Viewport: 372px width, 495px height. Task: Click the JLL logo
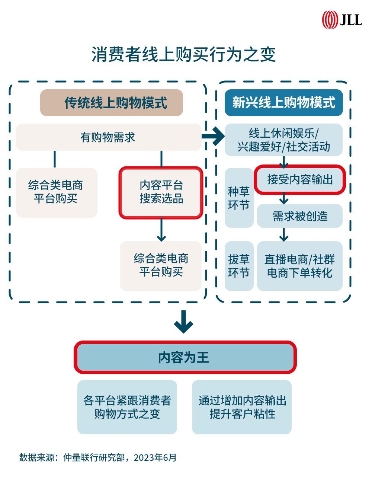(x=342, y=19)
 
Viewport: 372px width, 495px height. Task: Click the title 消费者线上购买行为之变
(x=184, y=55)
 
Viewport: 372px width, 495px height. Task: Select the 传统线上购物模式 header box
(x=112, y=103)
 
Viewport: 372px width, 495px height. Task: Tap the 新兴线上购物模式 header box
(x=283, y=103)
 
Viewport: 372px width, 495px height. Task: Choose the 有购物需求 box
(x=108, y=137)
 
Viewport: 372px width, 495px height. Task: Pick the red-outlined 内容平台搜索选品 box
(x=161, y=192)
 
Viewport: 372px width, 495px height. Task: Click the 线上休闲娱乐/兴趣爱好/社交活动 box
(x=283, y=140)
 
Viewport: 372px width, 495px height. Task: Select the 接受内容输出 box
(x=300, y=180)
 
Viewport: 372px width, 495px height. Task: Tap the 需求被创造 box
(x=300, y=216)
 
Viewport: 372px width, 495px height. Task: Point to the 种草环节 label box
(x=239, y=198)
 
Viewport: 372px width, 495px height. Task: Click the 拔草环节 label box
(x=239, y=266)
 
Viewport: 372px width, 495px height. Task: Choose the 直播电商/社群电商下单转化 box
(x=300, y=266)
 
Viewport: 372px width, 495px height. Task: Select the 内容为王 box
(x=185, y=357)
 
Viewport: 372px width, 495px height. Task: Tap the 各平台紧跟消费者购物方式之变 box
(x=127, y=407)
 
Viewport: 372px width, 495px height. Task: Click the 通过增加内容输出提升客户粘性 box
(x=242, y=407)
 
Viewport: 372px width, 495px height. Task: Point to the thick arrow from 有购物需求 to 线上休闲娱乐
(x=213, y=137)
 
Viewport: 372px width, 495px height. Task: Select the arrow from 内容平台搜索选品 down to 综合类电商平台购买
(x=161, y=230)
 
